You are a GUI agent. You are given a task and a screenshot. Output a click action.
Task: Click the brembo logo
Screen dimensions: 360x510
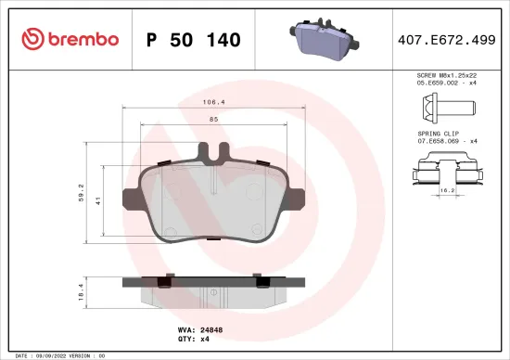[70, 39]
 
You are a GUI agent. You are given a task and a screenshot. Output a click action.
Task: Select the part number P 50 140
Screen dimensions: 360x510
[194, 40]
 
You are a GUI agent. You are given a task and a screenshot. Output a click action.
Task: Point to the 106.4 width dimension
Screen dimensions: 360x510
[213, 103]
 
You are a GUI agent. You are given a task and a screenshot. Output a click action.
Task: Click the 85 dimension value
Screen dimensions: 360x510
[213, 119]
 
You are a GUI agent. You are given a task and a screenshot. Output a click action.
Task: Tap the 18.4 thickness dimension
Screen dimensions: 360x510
[82, 292]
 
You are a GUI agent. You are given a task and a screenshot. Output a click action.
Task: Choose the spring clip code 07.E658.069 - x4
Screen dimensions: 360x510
[447, 141]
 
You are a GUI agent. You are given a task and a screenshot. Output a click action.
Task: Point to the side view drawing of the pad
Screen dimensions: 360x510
[213, 290]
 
